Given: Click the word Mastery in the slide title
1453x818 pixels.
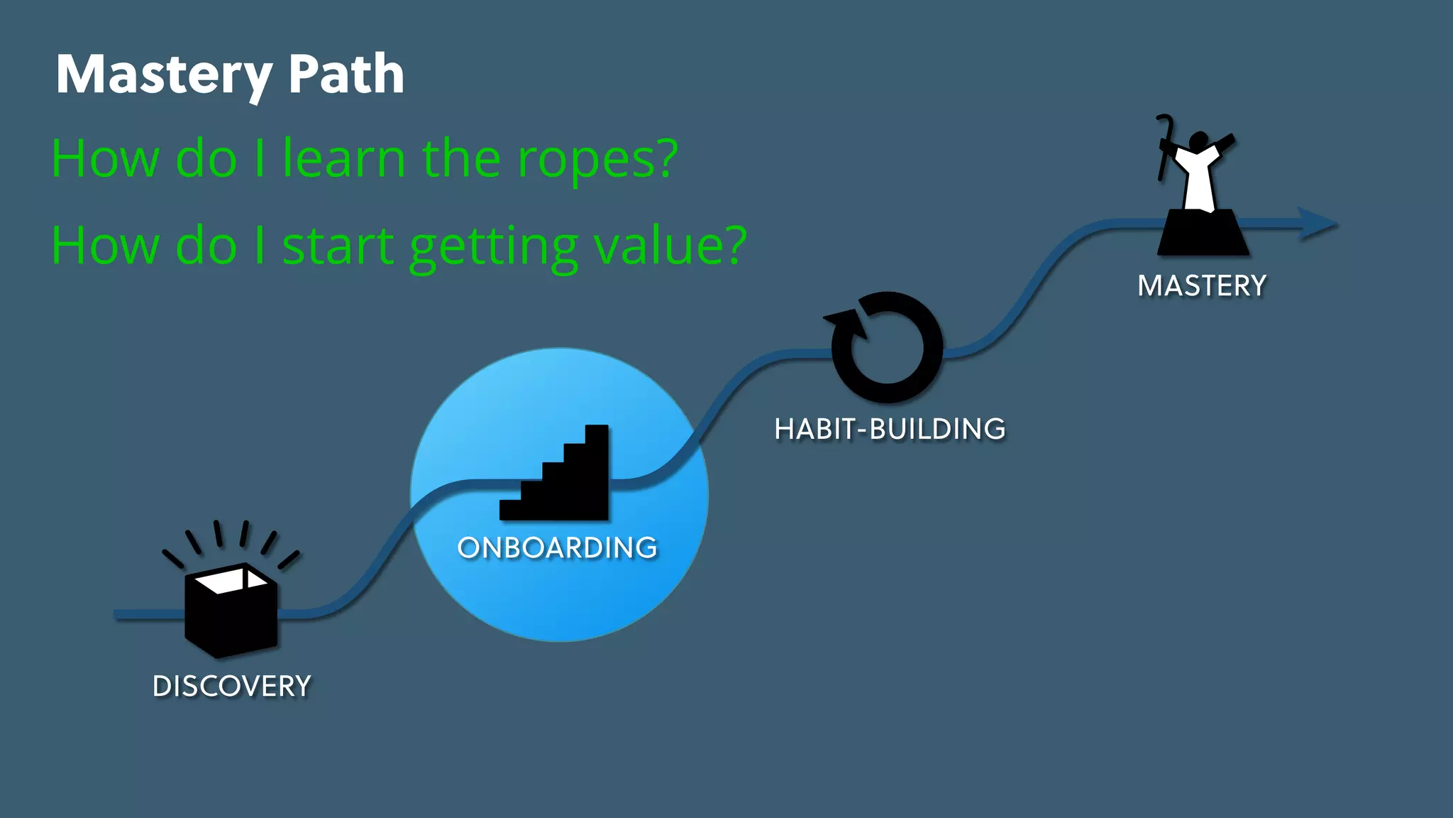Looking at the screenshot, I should tap(164, 75).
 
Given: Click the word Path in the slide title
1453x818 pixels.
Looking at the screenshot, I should tap(346, 75).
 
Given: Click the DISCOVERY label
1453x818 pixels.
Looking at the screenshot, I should tap(232, 687).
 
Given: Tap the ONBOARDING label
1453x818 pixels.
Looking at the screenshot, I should tap(558, 548).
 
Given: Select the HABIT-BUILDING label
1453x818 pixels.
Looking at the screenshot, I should tap(890, 430).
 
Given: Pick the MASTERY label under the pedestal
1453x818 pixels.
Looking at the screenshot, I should tap(1202, 286).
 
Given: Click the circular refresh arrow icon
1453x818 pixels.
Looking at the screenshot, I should tap(887, 347).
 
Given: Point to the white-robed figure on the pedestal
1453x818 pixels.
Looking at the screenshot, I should tap(1199, 174).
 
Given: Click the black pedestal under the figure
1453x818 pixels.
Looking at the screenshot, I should tap(1203, 234).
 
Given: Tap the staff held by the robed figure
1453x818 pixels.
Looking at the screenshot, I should tap(1164, 146).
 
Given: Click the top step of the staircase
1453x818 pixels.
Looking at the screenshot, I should tap(597, 433).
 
